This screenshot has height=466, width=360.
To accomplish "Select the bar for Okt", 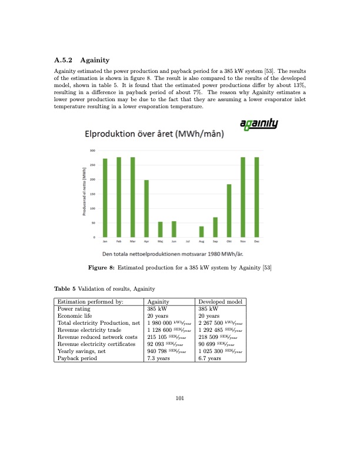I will tap(229, 211).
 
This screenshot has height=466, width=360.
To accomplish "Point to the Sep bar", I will tap(215, 227).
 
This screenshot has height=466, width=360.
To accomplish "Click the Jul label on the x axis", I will tap(188, 241).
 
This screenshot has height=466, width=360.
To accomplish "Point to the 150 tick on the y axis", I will tap(92, 194).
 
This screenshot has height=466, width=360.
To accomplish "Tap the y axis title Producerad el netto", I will tap(84, 191).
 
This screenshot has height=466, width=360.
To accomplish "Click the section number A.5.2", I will tap(62, 59).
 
